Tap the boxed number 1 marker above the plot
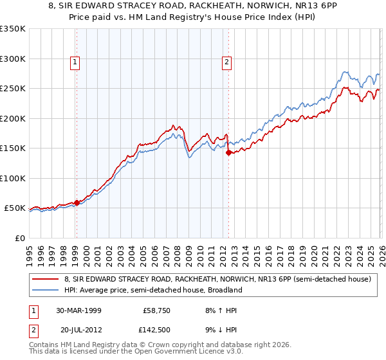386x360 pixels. pyautogui.click(x=76, y=62)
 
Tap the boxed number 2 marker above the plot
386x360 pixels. pyautogui.click(x=227, y=62)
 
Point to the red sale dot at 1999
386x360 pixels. pyautogui.click(x=77, y=203)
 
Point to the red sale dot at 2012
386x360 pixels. pyautogui.click(x=228, y=152)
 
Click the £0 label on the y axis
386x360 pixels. pyautogui.click(x=19, y=238)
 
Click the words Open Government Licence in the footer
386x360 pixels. pyautogui.click(x=169, y=353)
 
